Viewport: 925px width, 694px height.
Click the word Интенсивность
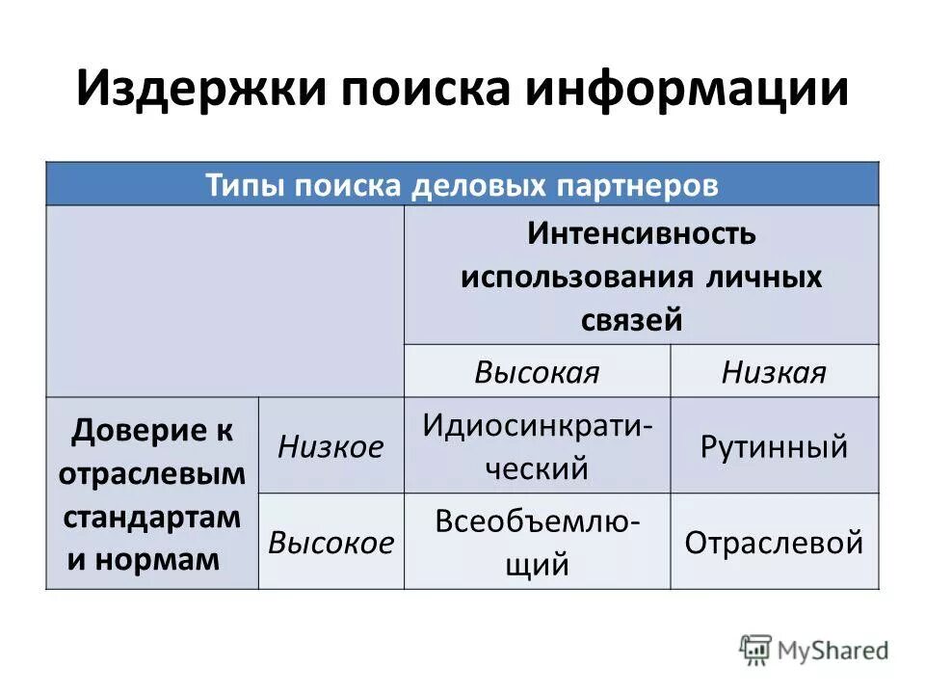[x=641, y=234]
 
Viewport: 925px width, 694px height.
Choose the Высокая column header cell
[x=537, y=372]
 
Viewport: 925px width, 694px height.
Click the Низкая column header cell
[x=774, y=372]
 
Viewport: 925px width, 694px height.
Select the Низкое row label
[x=330, y=445]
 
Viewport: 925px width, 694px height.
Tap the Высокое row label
[x=330, y=542]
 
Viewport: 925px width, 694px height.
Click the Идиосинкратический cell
[x=537, y=445]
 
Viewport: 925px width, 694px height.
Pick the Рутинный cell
[x=774, y=446]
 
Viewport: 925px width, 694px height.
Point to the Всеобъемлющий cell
[x=537, y=542]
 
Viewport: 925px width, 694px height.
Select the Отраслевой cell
[x=774, y=543]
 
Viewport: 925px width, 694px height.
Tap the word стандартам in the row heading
[x=152, y=516]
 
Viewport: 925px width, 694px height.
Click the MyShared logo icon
[x=756, y=648]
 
